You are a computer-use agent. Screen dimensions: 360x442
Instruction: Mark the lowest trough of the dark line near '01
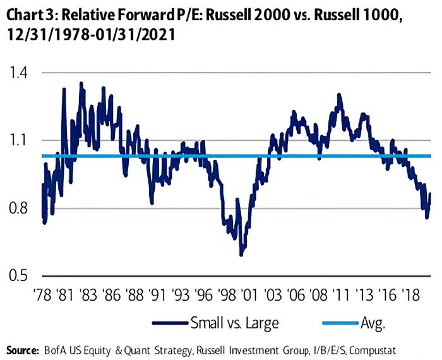point(241,255)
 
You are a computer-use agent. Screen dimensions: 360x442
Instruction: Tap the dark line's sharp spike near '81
point(64,89)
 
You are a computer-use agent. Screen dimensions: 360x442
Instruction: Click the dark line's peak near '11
point(339,95)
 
